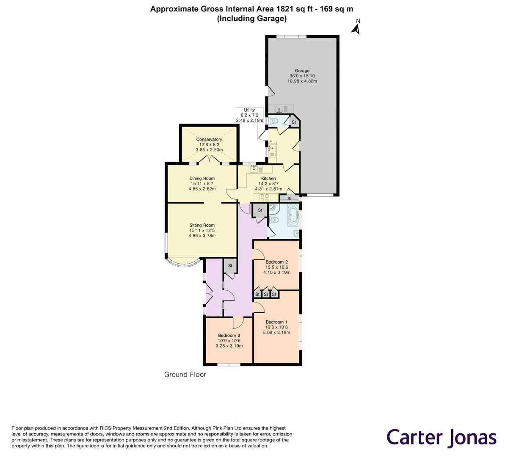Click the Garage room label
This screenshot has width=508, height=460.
[x=302, y=71]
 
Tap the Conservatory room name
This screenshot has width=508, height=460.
[x=209, y=139]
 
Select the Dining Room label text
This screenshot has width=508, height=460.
[x=202, y=179]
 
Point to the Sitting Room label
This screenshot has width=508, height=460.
[x=202, y=225]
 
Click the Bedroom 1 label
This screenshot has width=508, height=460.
[x=276, y=322]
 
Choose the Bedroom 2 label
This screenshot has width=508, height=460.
[x=276, y=262]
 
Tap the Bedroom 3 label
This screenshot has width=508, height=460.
[x=229, y=336]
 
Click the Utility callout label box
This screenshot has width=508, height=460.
[x=249, y=115]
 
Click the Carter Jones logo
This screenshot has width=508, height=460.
[x=442, y=437]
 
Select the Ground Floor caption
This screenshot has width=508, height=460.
[x=185, y=375]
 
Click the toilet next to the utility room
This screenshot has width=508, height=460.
[x=274, y=121]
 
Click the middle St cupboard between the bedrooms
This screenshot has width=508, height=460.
[x=266, y=294]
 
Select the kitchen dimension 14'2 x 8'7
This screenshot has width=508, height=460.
[x=268, y=184]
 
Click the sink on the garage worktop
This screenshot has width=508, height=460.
[x=279, y=109]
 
